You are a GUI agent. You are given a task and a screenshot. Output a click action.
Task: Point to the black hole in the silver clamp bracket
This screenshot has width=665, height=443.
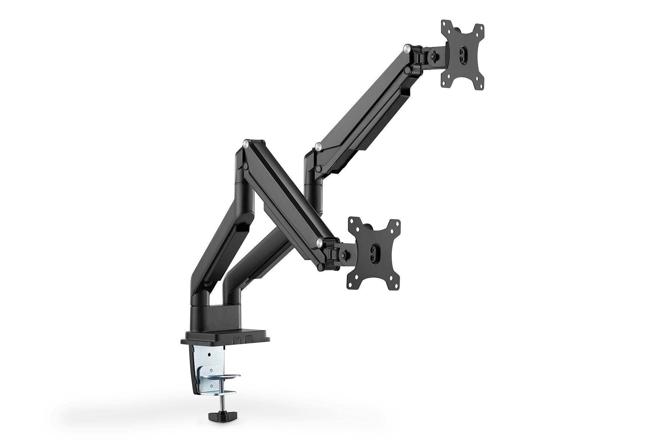pos(208,354)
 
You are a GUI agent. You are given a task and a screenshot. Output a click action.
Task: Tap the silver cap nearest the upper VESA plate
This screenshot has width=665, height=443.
pos(407,49)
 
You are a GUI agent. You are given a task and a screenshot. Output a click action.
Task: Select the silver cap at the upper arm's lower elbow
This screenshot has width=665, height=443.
pos(318,147)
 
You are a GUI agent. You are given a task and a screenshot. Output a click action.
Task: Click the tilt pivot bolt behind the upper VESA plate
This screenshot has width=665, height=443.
pos(433,56)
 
